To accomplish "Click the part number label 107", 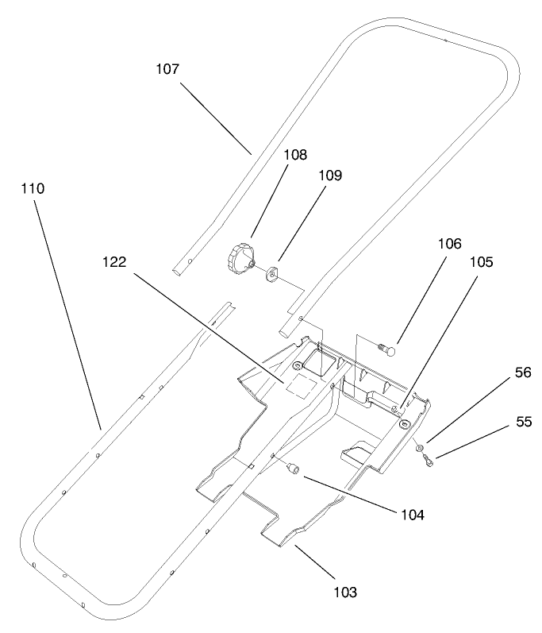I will tap(167, 69).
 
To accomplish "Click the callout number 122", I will tap(114, 263).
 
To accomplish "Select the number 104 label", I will tap(411, 515).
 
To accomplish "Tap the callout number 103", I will tap(344, 592).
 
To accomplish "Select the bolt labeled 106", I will tap(389, 346).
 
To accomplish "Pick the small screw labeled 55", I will tap(429, 461).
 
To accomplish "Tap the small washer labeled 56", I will tap(418, 450).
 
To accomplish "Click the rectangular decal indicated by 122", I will tap(300, 385).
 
